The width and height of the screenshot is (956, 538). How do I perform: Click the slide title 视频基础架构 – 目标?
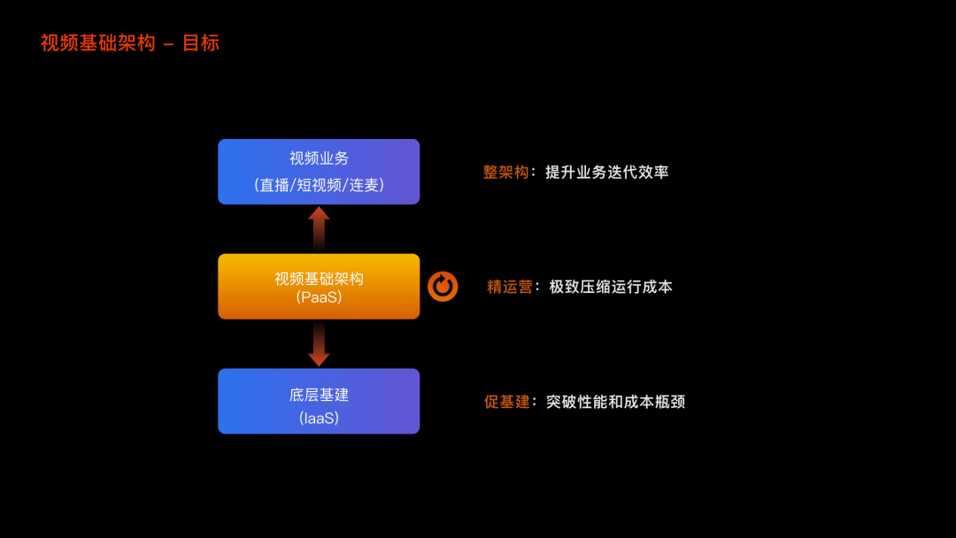coord(129,42)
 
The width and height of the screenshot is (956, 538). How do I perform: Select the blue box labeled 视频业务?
coord(319,172)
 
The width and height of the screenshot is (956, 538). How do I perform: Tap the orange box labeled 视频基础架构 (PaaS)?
coord(319,286)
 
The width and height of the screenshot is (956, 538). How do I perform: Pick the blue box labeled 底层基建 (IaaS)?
coord(319,401)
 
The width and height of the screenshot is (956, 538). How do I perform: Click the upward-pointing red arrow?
coord(319,227)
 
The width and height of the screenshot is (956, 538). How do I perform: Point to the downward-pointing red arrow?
coord(319,343)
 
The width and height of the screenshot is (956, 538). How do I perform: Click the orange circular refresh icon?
coord(443,286)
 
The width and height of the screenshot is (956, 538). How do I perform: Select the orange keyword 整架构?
coord(505,172)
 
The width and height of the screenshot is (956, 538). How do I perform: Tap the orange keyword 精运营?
coord(510,287)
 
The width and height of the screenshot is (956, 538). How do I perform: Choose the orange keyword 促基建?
coord(506,402)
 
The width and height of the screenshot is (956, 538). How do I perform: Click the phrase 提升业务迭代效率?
coord(606,172)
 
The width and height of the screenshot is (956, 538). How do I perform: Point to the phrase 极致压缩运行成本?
coord(611,287)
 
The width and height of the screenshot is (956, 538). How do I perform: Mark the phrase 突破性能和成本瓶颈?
coord(615,402)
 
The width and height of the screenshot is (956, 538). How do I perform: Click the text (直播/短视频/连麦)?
coord(319,186)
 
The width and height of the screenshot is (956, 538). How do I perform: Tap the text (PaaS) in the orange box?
coord(319,298)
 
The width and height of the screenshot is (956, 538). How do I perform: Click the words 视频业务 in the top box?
coord(319,158)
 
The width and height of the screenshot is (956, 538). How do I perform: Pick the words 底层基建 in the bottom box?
coord(319,395)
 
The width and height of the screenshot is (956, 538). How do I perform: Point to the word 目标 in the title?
coord(201,42)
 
